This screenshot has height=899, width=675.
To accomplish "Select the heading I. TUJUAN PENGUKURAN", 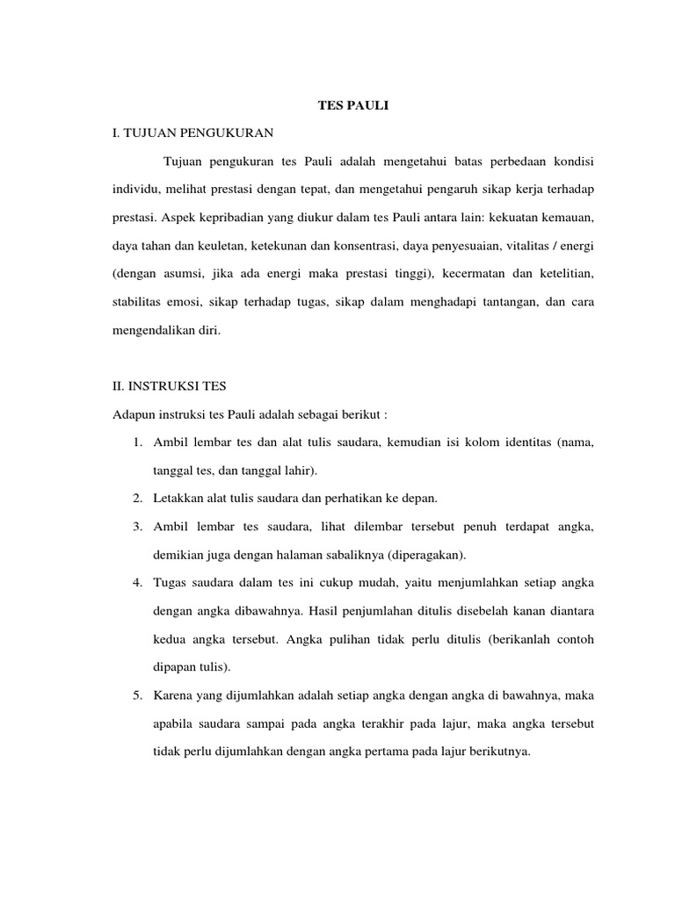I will [x=193, y=133].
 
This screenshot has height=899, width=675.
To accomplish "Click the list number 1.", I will [x=138, y=444].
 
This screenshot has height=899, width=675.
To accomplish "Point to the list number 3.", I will [x=138, y=527].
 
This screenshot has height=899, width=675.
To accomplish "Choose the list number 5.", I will [x=138, y=697].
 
